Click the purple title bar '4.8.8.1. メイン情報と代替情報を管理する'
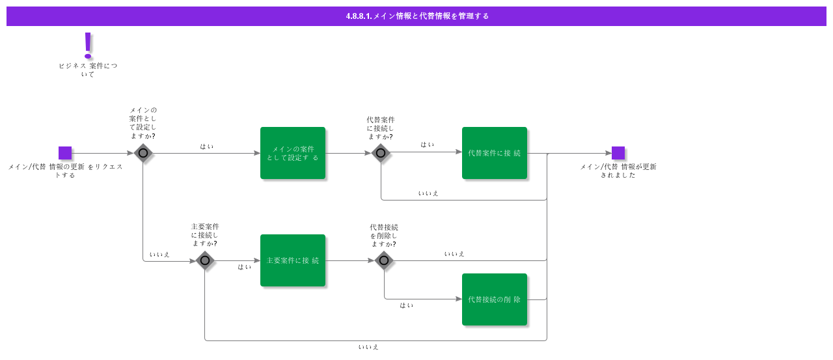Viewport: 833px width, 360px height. pos(416,16)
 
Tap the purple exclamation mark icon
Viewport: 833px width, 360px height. pos(88,46)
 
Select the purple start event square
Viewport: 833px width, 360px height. pos(65,153)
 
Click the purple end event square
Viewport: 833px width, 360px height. pos(618,153)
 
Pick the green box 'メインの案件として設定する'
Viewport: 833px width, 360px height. pos(293,153)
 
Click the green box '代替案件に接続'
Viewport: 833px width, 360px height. pos(495,153)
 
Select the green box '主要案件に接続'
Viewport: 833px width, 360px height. pos(293,260)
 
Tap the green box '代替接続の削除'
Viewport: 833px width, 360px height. pos(495,299)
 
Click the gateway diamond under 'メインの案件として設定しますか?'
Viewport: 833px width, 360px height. pos(143,153)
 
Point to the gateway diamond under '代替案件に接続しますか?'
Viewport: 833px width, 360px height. pos(381,153)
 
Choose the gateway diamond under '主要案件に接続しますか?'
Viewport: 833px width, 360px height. pos(205,260)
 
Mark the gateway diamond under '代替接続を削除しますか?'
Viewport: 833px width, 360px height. pos(384,260)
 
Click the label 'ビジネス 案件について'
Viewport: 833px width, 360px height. pos(88,70)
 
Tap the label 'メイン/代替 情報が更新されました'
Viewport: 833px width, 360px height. pos(618,171)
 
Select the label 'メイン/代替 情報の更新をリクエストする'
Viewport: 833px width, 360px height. pos(66,171)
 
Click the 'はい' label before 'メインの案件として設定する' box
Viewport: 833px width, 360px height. pos(207,146)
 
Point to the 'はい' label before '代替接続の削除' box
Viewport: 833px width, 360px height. pos(407,305)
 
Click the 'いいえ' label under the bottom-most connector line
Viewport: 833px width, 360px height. pos(368,347)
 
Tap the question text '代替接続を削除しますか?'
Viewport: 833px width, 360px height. pos(384,236)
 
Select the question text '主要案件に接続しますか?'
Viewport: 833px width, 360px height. pos(205,235)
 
